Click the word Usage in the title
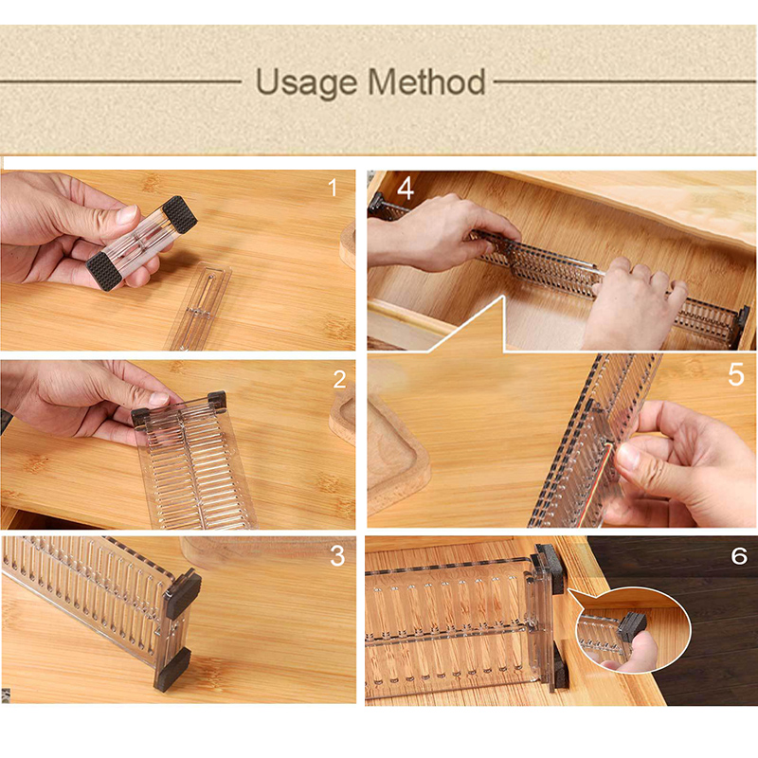(306, 83)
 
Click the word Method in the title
(427, 81)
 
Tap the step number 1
(333, 188)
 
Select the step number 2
(339, 380)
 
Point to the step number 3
(337, 556)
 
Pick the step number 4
(406, 189)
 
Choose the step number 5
(736, 374)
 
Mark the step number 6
(739, 556)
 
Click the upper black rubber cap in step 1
(179, 214)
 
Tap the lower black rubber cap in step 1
(103, 271)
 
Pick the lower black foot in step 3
(172, 669)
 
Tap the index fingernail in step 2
(158, 399)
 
